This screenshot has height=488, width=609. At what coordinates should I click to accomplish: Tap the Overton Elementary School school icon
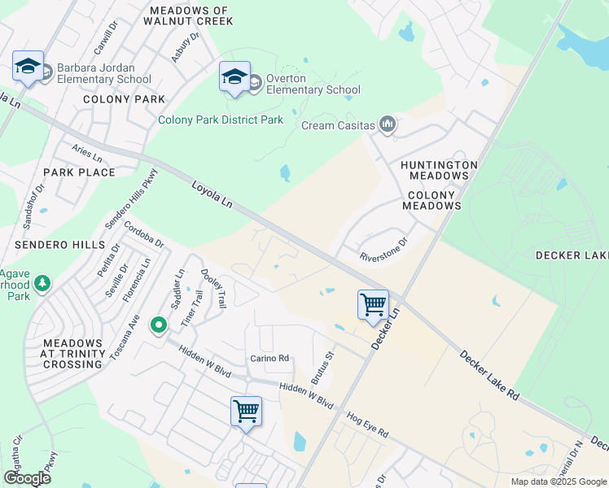234,76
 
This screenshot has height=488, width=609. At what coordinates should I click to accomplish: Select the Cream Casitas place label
338,125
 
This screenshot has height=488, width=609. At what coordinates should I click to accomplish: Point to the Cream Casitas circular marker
388,124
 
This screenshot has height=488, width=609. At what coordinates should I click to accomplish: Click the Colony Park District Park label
221,120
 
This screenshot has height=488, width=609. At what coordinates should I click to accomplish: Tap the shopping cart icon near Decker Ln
373,305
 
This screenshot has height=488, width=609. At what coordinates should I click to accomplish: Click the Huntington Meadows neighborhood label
438,170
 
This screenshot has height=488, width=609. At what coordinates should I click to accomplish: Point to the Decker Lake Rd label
489,373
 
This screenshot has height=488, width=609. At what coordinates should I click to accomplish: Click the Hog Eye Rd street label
366,423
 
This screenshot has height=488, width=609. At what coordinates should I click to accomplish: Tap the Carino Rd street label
269,358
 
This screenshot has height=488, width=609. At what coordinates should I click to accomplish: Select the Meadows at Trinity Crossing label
74,354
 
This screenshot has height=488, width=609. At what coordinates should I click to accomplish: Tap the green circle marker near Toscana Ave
159,325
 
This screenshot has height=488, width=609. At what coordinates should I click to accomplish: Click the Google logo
27,478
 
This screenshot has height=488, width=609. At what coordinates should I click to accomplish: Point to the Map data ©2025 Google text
558,481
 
